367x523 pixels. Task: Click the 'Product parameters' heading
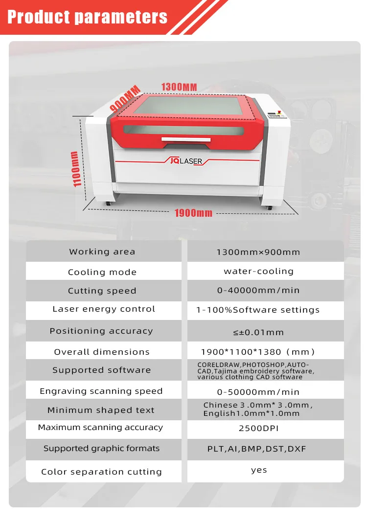[87, 17]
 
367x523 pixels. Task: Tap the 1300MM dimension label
[179, 87]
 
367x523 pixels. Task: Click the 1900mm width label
[193, 213]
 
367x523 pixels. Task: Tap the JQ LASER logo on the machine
[186, 161]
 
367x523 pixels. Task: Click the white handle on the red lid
[186, 139]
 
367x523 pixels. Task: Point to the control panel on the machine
[277, 115]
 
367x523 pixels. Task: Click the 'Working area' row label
[102, 251]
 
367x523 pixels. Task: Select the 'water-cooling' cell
[258, 271]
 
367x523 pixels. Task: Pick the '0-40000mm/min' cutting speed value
[258, 290]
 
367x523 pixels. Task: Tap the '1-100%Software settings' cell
[258, 310]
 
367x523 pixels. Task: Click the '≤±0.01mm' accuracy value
[258, 332]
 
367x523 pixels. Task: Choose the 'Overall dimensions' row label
[102, 352]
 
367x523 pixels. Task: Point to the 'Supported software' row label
[101, 370]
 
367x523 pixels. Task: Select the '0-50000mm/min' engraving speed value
[258, 392]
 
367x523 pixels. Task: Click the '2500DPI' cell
[258, 428]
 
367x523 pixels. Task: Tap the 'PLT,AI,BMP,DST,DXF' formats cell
[256, 449]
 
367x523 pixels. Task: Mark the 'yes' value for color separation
[259, 470]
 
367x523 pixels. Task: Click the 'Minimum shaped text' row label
[101, 410]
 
